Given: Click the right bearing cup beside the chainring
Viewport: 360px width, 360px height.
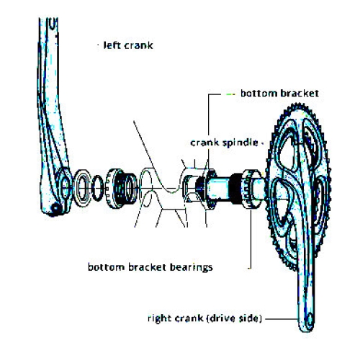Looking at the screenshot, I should (251, 189).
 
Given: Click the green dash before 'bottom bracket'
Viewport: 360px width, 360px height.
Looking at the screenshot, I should (231, 93).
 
